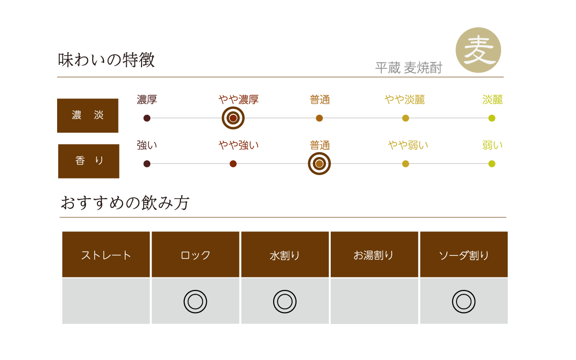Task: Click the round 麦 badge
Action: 478,50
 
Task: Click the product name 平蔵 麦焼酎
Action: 408,68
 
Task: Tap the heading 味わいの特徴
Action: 106,60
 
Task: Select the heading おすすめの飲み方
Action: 125,203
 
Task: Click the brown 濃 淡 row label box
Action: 88,116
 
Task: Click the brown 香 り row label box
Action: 89,161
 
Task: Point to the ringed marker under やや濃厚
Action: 233,118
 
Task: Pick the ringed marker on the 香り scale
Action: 319,164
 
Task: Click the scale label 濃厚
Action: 147,100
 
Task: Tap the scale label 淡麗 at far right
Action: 492,100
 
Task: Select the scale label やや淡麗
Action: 405,100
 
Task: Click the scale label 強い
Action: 147,145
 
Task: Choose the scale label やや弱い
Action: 408,145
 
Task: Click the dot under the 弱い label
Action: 492,164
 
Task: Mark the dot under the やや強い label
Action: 233,164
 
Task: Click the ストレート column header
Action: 106,255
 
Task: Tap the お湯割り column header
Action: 374,255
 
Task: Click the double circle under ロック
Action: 195,301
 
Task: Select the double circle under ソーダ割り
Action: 464,301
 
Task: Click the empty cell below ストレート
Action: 106,301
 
